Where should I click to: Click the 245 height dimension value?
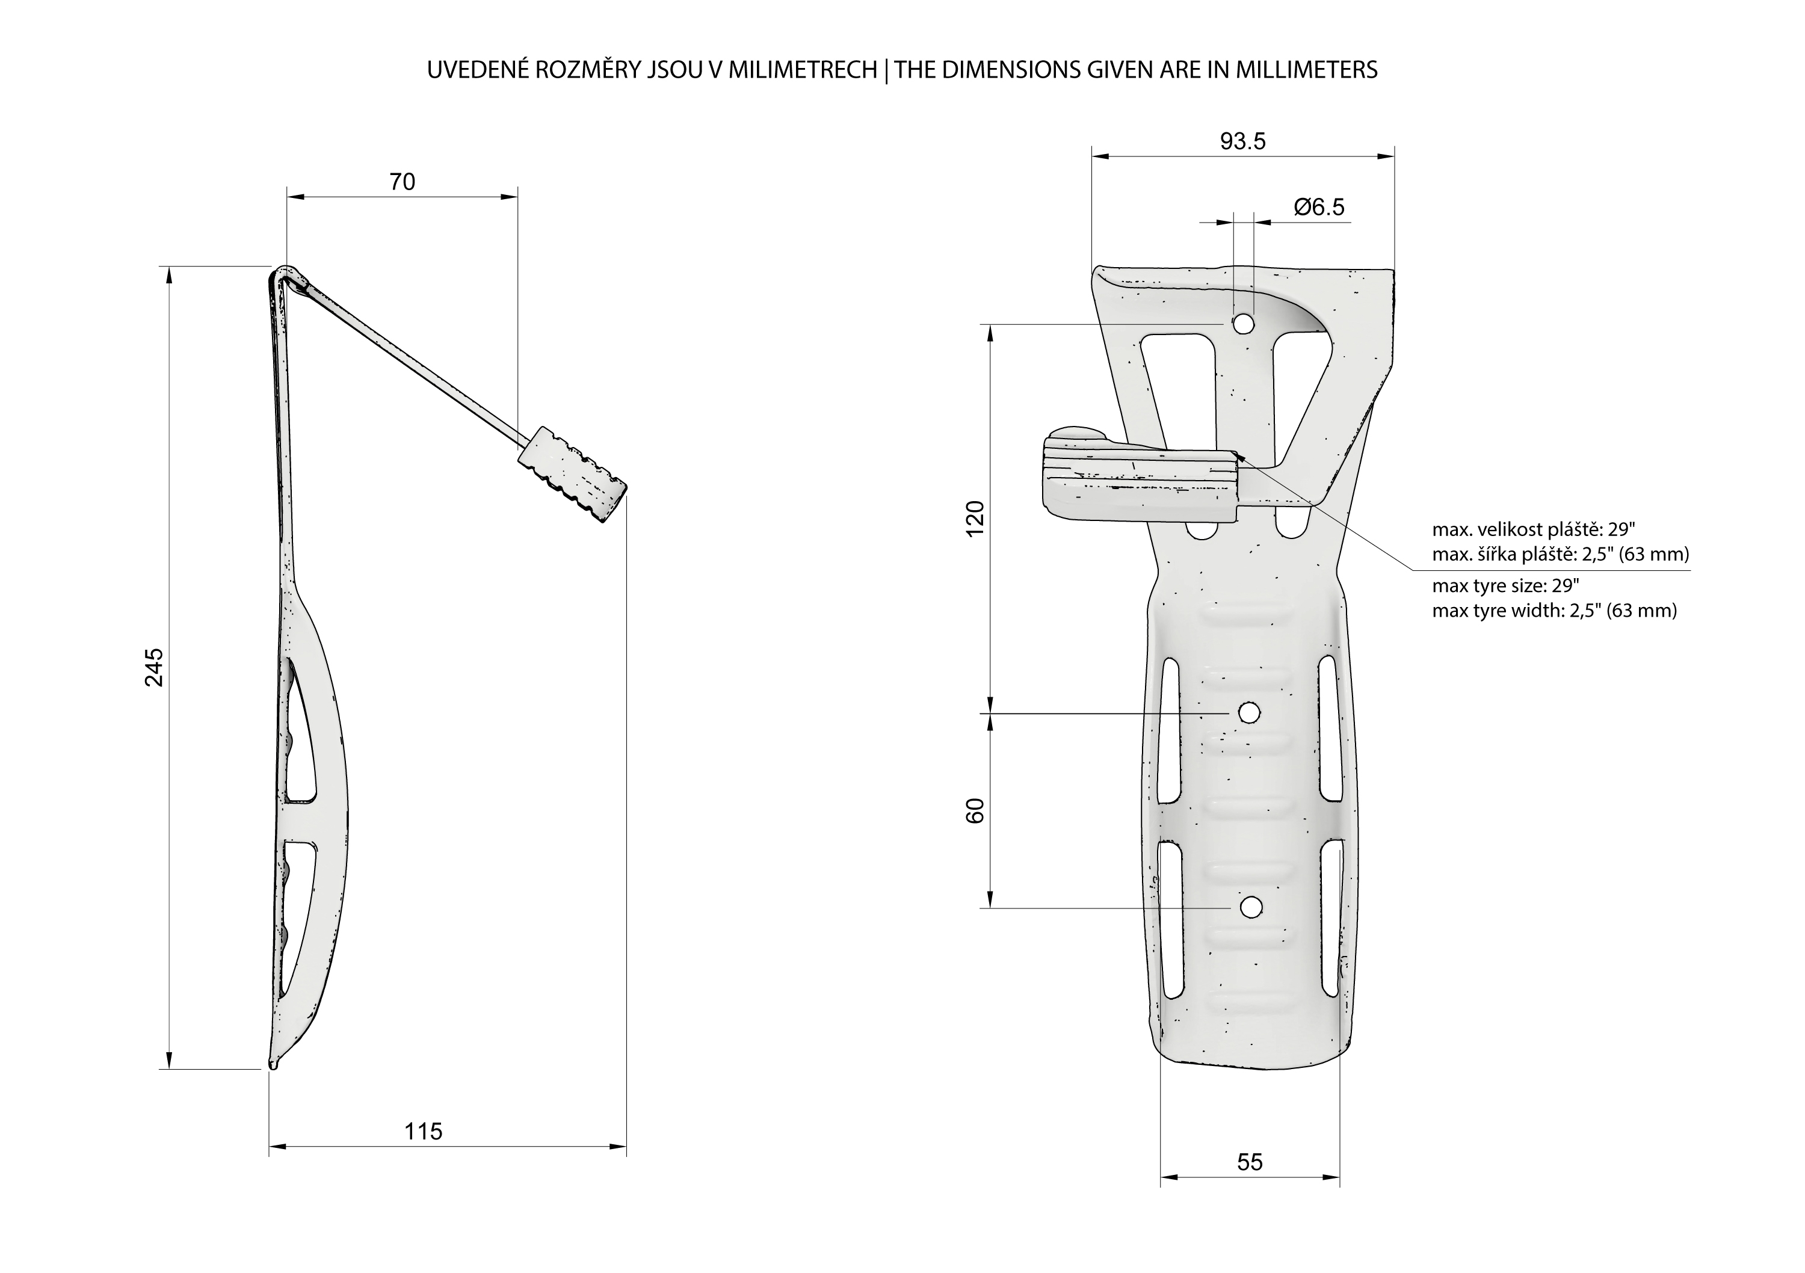[x=154, y=667]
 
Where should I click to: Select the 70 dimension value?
[x=402, y=182]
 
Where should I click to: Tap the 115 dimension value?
[x=423, y=1132]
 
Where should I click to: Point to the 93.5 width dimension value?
[x=1243, y=141]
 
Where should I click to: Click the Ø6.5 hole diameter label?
[x=1319, y=208]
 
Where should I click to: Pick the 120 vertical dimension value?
[x=975, y=518]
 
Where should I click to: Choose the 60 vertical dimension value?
[x=975, y=810]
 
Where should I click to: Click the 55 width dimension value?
[x=1249, y=1162]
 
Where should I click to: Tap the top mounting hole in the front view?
[x=1243, y=323]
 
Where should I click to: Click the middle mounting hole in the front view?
[x=1248, y=713]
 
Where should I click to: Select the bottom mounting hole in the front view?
[x=1250, y=907]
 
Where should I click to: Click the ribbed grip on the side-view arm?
[x=572, y=474]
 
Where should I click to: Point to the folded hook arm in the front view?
[x=1140, y=479]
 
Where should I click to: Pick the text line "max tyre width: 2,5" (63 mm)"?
[x=1554, y=611]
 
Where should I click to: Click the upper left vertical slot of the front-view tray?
[x=1169, y=730]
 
